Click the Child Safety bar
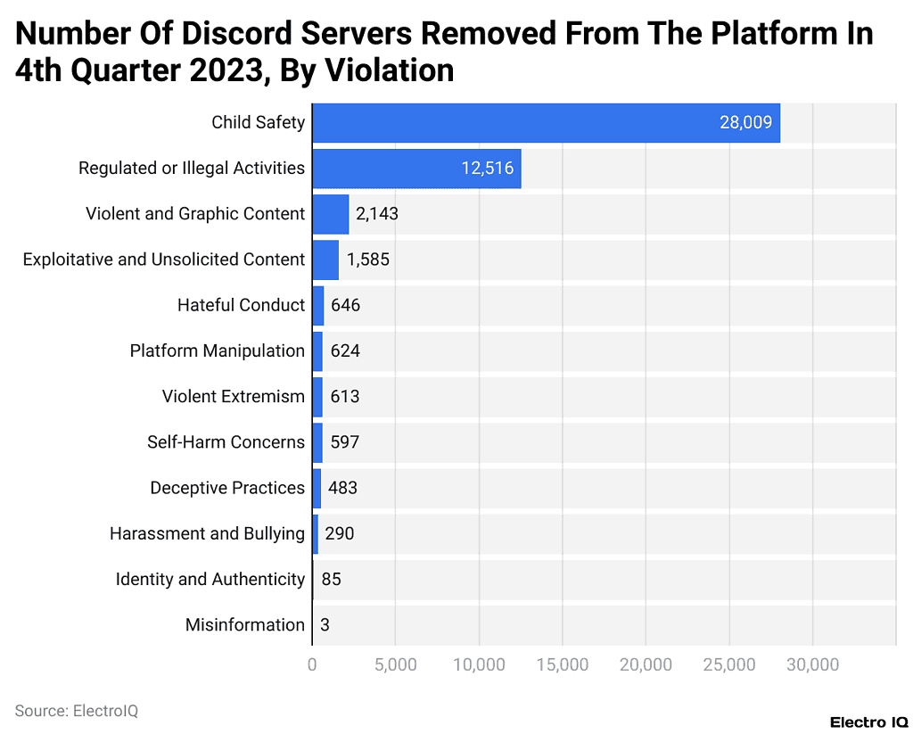[546, 123]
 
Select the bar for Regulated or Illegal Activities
[416, 169]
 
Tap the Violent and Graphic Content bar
[330, 214]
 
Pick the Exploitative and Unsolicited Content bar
[325, 260]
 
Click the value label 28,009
[745, 123]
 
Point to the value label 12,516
[487, 169]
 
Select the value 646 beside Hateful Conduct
[345, 305]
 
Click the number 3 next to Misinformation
[325, 625]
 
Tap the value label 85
[331, 580]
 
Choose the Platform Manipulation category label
[217, 351]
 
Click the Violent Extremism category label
[233, 396]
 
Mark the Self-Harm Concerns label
[226, 441]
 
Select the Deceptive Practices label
[226, 488]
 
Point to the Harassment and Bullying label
[207, 533]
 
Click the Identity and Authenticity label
[210, 580]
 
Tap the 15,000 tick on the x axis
[563, 664]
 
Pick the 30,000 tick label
[812, 664]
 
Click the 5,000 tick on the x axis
[395, 664]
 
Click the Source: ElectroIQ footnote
[77, 711]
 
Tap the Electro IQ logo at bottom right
[868, 722]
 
